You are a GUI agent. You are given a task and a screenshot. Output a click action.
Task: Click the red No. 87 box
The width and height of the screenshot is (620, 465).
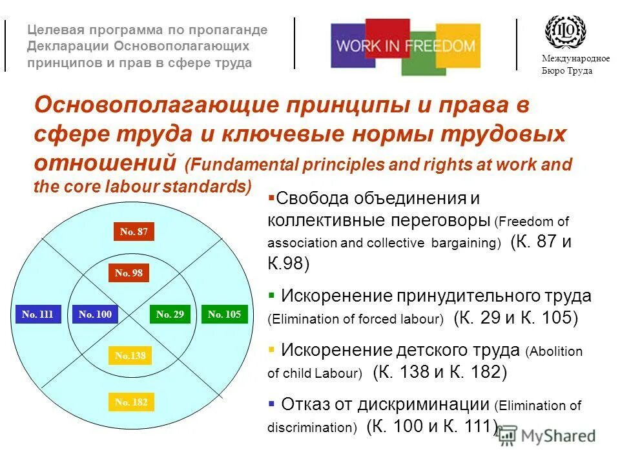(x=134, y=232)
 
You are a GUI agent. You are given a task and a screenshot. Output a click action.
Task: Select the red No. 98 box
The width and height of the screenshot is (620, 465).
(x=128, y=273)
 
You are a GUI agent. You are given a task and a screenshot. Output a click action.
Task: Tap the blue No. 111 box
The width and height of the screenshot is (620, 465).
(x=37, y=315)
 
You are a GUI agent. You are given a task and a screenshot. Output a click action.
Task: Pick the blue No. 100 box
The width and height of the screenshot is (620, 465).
(x=95, y=315)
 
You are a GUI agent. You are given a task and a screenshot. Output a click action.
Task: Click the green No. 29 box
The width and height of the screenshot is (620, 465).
(x=170, y=315)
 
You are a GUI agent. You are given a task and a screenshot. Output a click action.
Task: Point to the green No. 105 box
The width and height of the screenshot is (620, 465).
(x=224, y=315)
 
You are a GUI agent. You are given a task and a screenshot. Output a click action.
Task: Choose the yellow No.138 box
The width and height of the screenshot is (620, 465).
(x=129, y=355)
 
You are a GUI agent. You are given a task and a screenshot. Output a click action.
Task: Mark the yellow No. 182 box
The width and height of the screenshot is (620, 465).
(x=131, y=402)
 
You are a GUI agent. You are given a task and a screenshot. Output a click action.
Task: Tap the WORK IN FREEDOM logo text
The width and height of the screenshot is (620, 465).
(x=406, y=46)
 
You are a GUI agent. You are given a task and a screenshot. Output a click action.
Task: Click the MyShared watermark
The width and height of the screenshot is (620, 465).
(x=547, y=436)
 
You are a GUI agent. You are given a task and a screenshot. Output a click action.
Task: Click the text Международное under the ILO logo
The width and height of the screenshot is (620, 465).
(x=575, y=59)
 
